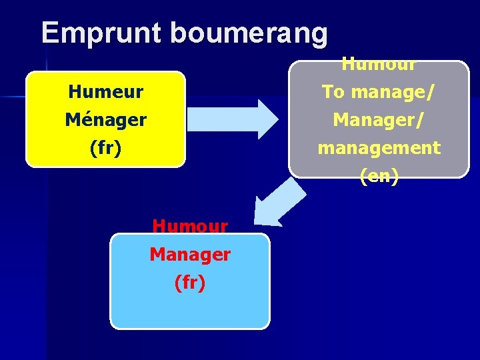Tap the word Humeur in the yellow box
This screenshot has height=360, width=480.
pos(105,92)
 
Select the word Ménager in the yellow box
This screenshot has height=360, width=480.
pos(105,120)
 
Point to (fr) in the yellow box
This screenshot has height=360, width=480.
pos(105,148)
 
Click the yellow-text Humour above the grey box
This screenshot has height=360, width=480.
pos(379,65)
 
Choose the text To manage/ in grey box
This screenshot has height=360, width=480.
pos(379,92)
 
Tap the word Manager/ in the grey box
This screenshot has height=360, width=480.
pos(379,120)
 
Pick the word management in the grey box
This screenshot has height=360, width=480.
pos(379,148)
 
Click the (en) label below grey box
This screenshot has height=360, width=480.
pos(379,176)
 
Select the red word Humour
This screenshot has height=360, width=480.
pos(190,227)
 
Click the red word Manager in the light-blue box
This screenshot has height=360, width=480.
pos(190,255)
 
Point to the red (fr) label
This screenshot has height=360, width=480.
pos(190,283)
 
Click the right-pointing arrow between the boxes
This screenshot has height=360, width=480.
pos(233,119)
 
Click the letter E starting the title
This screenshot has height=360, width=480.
pos(51,33)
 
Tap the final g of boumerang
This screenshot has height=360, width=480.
pos(318,35)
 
